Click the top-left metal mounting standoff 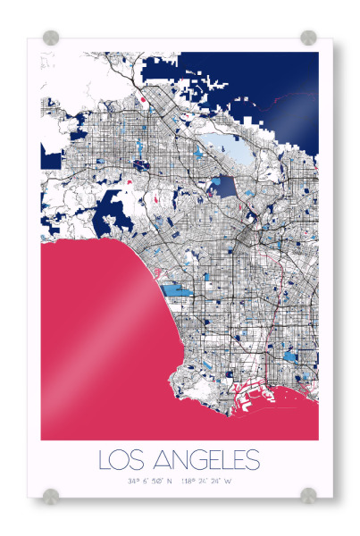(x=52, y=38)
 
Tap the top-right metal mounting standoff (x=308, y=38)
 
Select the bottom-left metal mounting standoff (x=52, y=494)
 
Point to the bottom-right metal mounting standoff (x=308, y=494)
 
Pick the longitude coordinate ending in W (x=206, y=482)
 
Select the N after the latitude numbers (x=169, y=482)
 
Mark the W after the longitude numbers (x=228, y=482)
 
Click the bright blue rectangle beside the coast (x=176, y=289)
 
